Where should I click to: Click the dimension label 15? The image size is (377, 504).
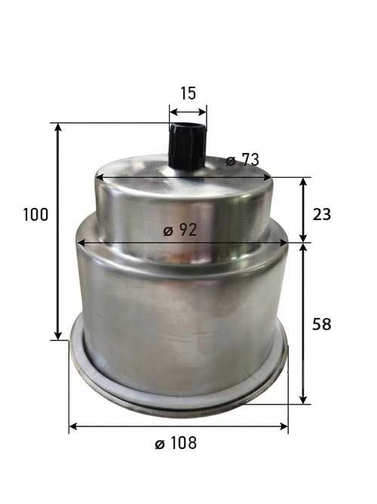pyautogui.click(x=188, y=93)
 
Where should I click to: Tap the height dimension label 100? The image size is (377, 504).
pyautogui.click(x=35, y=215)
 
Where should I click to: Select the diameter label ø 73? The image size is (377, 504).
pyautogui.click(x=242, y=160)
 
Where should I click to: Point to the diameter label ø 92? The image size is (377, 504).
pyautogui.click(x=179, y=230)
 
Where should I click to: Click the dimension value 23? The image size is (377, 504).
pyautogui.click(x=322, y=215)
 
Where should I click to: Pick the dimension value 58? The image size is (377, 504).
pyautogui.click(x=322, y=324)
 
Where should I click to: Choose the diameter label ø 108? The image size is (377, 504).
pyautogui.click(x=176, y=443)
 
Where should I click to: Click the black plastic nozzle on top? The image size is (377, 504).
pyautogui.click(x=188, y=145)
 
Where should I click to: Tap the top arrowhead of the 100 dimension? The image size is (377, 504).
pyautogui.click(x=58, y=127)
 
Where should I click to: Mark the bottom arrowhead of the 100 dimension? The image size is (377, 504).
pyautogui.click(x=58, y=335)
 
